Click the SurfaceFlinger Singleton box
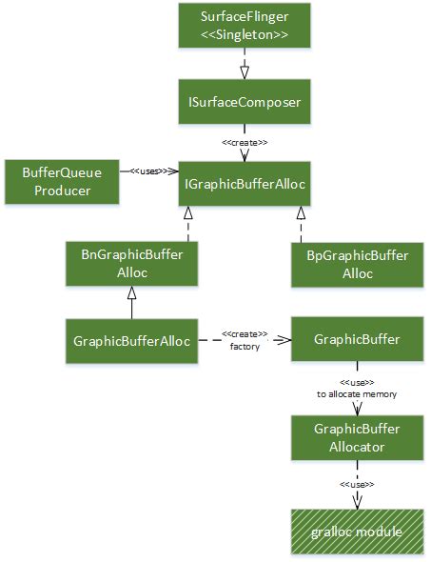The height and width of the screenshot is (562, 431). point(245,26)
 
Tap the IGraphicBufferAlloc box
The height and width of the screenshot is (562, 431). point(245,183)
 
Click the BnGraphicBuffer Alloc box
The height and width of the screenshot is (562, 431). point(131,263)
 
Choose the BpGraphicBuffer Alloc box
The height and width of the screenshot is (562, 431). point(357,264)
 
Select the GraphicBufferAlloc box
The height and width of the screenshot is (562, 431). point(131,338)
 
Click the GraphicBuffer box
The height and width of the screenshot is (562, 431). point(357,338)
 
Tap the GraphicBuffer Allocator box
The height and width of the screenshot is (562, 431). point(357,438)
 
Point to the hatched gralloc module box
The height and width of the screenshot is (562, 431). point(357,531)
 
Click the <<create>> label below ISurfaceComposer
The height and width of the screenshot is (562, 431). point(245,144)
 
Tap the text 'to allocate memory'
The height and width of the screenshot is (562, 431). point(357,392)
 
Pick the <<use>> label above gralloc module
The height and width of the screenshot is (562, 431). point(357,484)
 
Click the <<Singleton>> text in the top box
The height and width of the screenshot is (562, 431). point(245,35)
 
